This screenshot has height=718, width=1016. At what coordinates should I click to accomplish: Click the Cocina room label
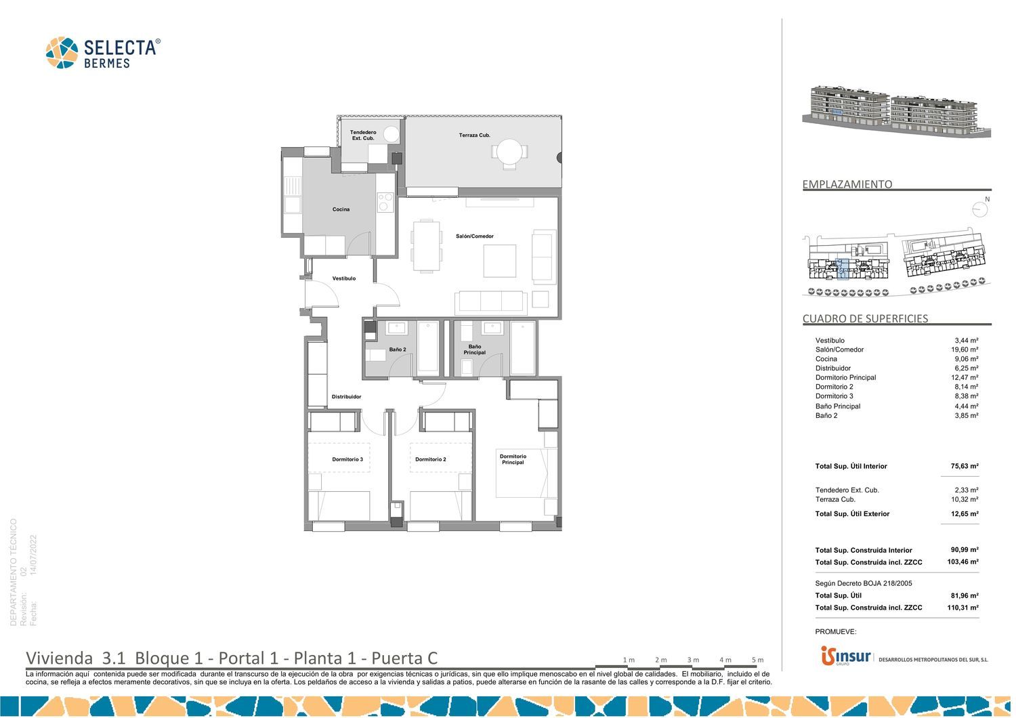341,209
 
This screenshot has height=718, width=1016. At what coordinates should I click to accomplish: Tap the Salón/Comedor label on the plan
474,236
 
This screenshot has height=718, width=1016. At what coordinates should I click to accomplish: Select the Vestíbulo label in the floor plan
344,278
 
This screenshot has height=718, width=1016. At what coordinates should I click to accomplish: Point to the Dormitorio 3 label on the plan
347,459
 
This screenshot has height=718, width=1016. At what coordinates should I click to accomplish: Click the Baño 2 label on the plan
398,350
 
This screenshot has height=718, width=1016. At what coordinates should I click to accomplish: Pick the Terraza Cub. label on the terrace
474,135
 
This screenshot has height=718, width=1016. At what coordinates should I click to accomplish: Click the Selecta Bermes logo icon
62,53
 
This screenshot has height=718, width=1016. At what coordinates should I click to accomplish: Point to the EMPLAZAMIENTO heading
847,184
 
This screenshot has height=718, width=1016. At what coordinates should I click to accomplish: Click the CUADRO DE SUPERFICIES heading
865,318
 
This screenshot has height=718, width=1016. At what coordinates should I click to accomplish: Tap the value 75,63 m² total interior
965,466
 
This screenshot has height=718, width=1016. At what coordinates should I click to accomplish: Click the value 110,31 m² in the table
962,608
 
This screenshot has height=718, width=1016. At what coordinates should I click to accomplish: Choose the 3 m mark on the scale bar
693,660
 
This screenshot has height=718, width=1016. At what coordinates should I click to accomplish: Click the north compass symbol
980,209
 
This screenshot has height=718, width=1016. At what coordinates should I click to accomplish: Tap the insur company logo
845,656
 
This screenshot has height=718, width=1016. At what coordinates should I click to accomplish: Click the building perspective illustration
896,111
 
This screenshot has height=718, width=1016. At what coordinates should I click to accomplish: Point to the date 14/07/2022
33,555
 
